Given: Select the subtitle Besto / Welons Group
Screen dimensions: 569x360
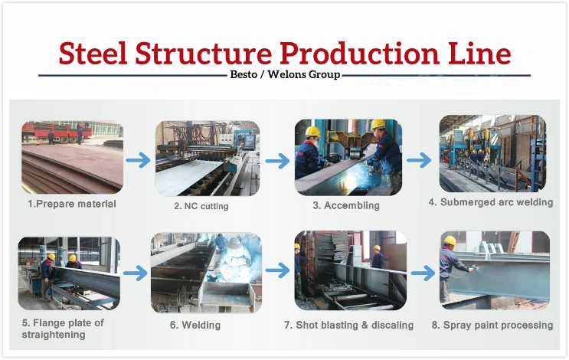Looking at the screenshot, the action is pyautogui.click(x=285, y=75).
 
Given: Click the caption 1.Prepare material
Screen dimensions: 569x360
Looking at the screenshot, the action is pyautogui.click(x=72, y=204).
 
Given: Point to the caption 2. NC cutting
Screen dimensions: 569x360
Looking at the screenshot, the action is pyautogui.click(x=201, y=206).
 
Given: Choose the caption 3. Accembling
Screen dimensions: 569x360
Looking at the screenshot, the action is pyautogui.click(x=345, y=205).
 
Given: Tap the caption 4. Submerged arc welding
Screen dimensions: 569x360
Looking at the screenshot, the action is pyautogui.click(x=490, y=202).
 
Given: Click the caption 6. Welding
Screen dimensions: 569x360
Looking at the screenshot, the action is pyautogui.click(x=195, y=325).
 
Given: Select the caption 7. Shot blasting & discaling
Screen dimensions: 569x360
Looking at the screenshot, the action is pyautogui.click(x=348, y=325).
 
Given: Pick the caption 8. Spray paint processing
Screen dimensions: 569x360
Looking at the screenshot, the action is pyautogui.click(x=492, y=325).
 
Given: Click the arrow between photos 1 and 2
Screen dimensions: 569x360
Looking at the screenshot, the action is pyautogui.click(x=139, y=160).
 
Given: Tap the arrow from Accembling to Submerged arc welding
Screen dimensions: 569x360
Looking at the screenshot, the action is pyautogui.click(x=419, y=160).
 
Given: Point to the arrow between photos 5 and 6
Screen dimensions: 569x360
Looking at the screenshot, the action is pyautogui.click(x=135, y=272).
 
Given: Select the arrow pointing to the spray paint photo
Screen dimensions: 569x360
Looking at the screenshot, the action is pyautogui.click(x=422, y=272).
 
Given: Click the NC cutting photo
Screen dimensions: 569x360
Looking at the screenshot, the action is pyautogui.click(x=207, y=158).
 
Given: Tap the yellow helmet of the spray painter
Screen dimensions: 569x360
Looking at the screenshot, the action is pyautogui.click(x=450, y=241).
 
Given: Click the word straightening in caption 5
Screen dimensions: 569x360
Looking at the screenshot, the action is pyautogui.click(x=54, y=335).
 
